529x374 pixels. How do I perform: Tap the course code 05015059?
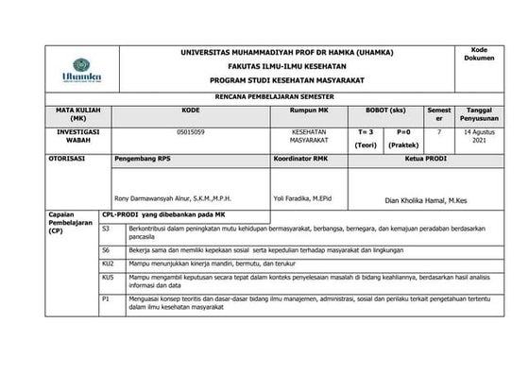tap(189, 133)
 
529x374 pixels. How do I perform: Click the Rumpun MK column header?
tap(309, 110)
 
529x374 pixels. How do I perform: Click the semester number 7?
tap(438, 133)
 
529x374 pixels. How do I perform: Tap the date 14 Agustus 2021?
tap(478, 138)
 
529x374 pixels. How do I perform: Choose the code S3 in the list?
tap(106, 229)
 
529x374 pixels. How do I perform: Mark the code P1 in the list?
tap(106, 297)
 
